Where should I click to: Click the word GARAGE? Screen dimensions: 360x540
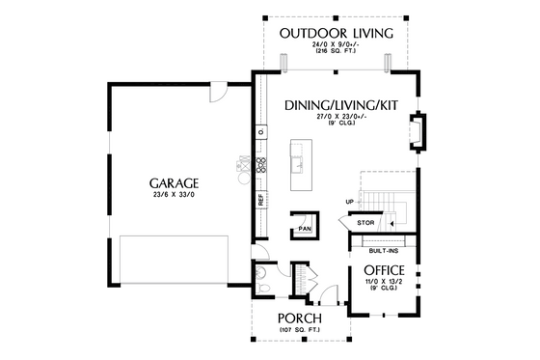174,181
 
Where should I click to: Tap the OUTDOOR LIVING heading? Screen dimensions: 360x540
336,34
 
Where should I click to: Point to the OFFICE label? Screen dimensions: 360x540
383,269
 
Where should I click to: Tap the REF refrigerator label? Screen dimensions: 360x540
261,200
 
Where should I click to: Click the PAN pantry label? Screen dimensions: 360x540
305,229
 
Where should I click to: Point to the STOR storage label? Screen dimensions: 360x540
365,223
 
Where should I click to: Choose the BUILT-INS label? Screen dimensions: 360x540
383,249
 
